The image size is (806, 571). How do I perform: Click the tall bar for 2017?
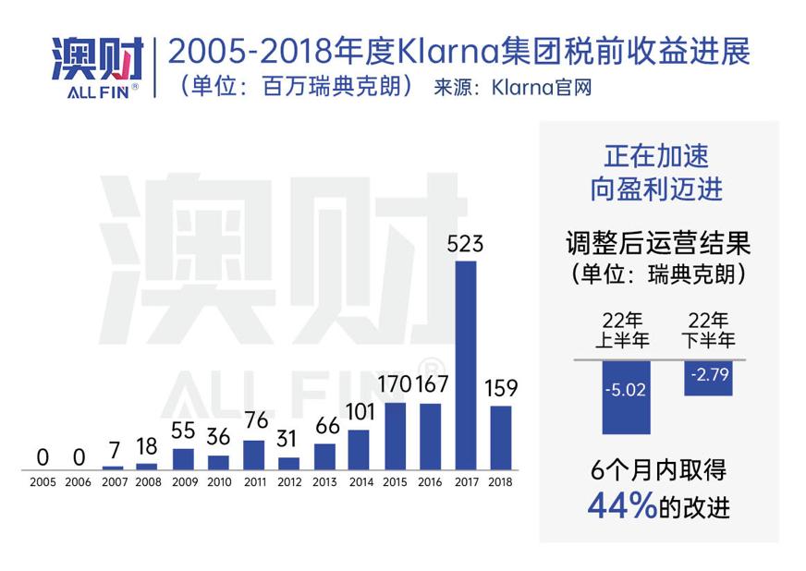click(466, 365)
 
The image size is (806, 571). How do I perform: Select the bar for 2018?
click(500, 437)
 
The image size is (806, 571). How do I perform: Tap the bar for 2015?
click(395, 435)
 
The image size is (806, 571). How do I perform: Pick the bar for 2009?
click(183, 458)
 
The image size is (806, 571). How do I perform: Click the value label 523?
click(465, 245)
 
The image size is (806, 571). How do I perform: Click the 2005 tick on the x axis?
click(43, 482)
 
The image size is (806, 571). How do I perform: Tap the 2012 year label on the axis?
click(288, 482)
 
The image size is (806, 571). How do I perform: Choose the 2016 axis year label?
click(430, 482)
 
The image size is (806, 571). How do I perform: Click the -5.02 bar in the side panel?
click(626, 396)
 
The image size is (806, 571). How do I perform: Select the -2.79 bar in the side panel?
click(708, 378)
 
